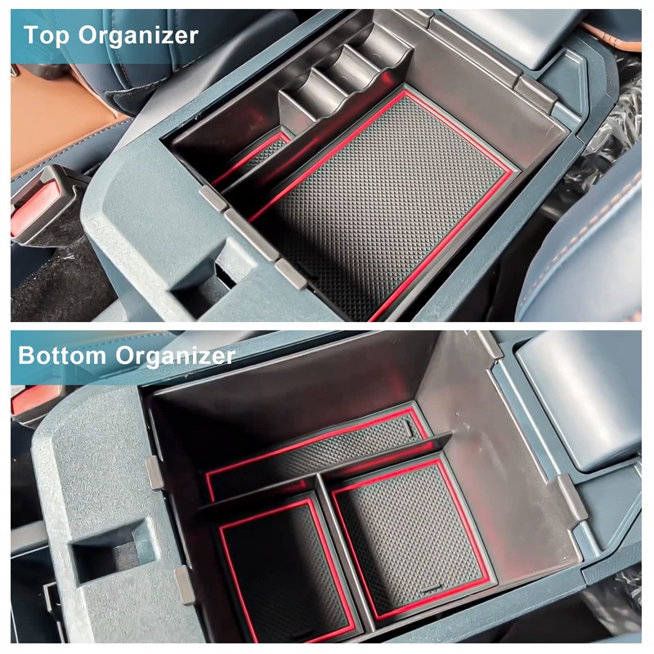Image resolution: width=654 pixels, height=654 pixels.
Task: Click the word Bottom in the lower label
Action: [62, 356]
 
